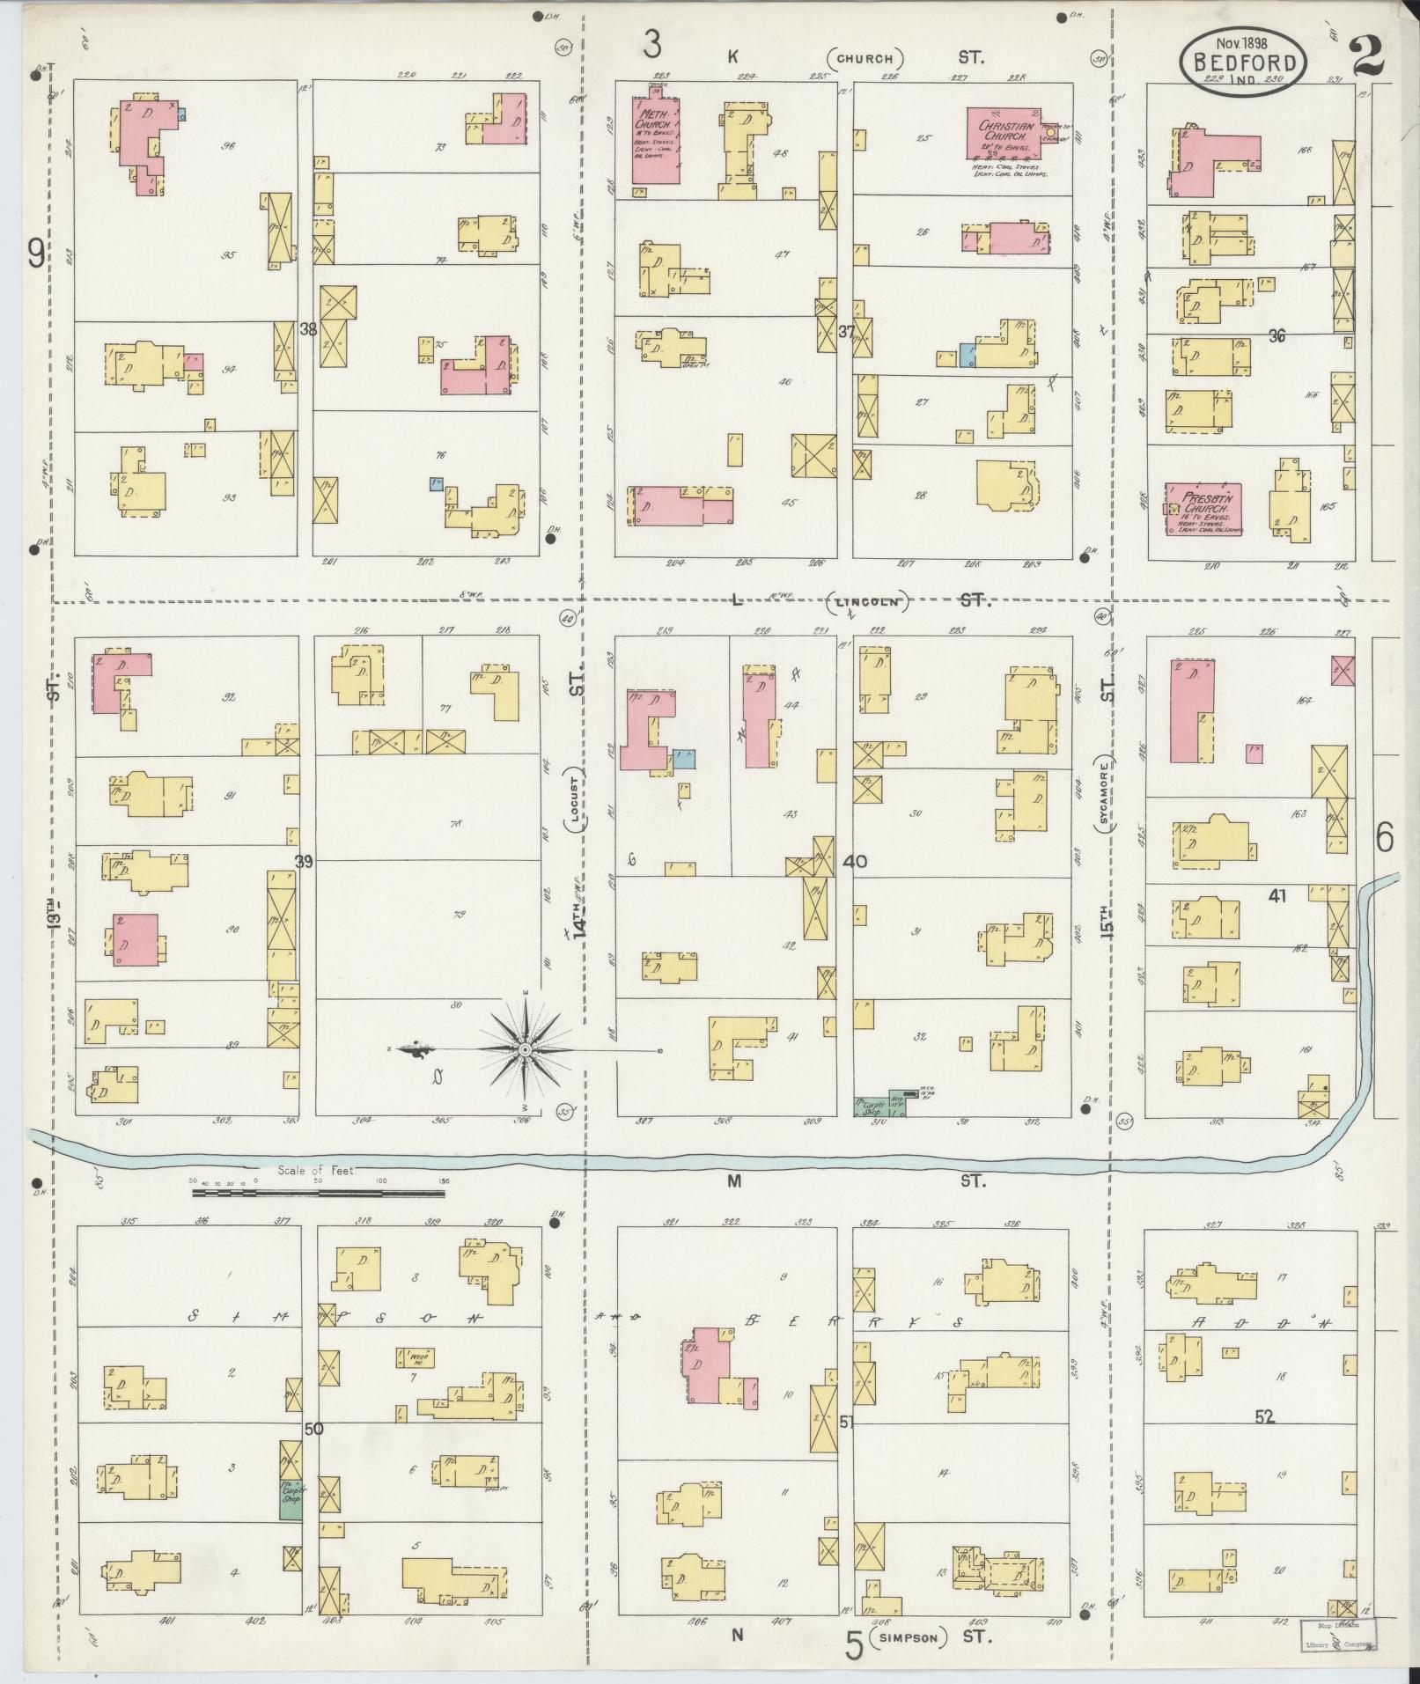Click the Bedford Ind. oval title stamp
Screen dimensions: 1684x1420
click(1244, 63)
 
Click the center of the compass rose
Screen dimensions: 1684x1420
click(525, 1049)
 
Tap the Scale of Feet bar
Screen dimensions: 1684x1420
click(319, 1195)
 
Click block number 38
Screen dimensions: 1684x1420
click(308, 331)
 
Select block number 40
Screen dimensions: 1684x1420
click(855, 862)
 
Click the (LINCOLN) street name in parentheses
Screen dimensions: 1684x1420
click(867, 602)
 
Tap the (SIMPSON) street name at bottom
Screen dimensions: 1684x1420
click(909, 1637)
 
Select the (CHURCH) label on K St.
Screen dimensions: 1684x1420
click(865, 59)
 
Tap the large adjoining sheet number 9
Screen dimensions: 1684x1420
click(36, 254)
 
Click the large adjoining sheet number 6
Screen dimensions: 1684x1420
click(1384, 837)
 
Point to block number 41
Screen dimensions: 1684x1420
click(1277, 896)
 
